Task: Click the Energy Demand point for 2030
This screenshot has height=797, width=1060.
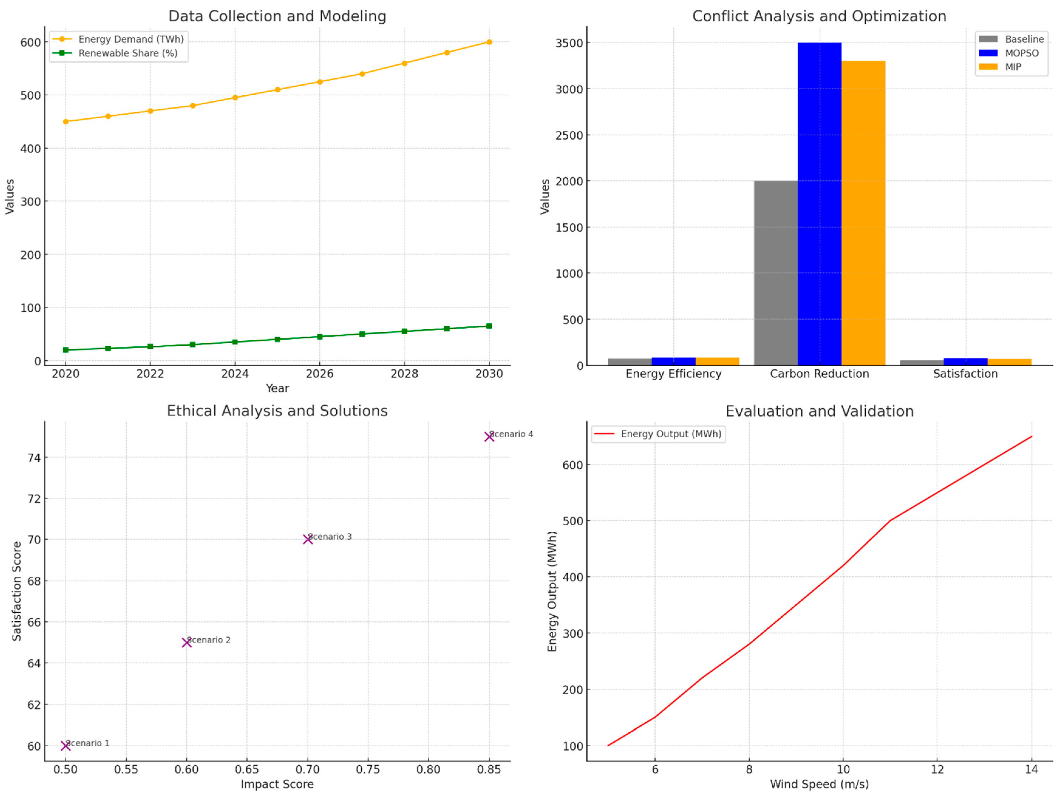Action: pyautogui.click(x=489, y=42)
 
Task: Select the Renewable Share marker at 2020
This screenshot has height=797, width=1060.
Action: pyautogui.click(x=66, y=350)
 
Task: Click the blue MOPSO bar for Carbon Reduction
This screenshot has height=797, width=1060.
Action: pyautogui.click(x=820, y=204)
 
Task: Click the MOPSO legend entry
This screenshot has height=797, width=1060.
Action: pyautogui.click(x=1021, y=53)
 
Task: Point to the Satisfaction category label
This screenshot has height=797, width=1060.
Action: pyautogui.click(x=965, y=374)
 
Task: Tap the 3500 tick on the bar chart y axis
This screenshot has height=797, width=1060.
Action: pyautogui.click(x=569, y=43)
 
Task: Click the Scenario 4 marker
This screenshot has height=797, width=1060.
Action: pyautogui.click(x=489, y=437)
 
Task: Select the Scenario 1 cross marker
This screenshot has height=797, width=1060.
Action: pyautogui.click(x=66, y=746)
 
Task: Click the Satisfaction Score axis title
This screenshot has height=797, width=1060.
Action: pyautogui.click(x=17, y=591)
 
